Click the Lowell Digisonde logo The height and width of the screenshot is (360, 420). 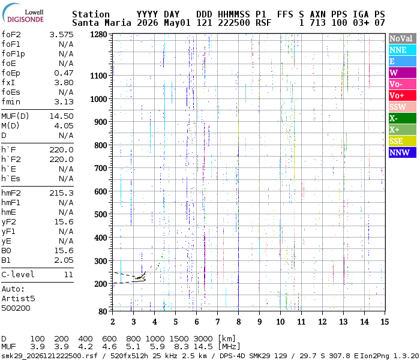point(23,13)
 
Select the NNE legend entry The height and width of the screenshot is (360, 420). point(403,50)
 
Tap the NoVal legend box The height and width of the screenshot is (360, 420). point(403,38)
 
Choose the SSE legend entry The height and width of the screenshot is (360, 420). point(403,141)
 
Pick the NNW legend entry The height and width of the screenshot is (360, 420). point(403,152)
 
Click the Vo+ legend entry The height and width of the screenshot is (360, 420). point(403,95)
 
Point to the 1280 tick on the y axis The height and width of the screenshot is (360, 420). point(98,35)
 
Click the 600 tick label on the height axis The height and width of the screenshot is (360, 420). point(101,191)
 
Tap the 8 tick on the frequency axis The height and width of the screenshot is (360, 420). point(238,322)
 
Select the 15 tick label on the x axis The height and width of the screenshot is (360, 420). point(385,322)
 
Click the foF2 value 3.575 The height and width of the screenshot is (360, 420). point(61,35)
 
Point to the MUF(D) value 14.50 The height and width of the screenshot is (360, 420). point(61,116)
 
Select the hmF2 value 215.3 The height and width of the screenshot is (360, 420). point(61,193)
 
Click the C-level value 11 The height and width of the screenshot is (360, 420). point(68,274)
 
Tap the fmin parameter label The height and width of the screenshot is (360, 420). point(11,102)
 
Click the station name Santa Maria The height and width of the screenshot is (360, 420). point(101,23)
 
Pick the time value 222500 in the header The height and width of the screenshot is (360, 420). point(234,23)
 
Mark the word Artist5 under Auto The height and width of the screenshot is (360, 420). point(18,298)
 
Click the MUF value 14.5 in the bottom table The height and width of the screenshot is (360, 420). point(203,347)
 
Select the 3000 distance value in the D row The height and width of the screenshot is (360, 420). point(203,338)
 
